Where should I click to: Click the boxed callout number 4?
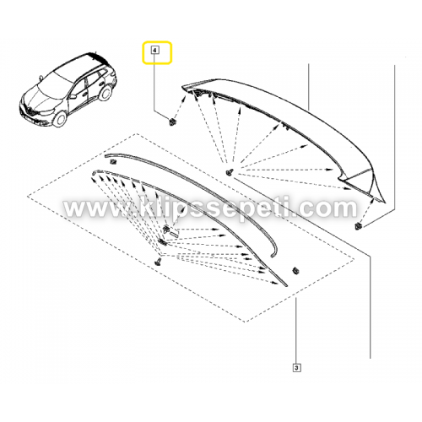(x=154, y=51)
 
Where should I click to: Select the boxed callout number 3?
(x=297, y=367)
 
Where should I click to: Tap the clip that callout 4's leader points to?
(x=171, y=122)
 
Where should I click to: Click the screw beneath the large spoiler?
(x=229, y=172)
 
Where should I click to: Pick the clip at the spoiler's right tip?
(x=358, y=225)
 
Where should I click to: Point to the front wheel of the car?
(x=60, y=119)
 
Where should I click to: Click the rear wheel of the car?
(x=105, y=92)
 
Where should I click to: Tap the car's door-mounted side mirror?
(x=73, y=96)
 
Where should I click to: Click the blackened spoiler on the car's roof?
(x=95, y=57)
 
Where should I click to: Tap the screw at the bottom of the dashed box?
(x=158, y=262)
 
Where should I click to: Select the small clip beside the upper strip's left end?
(x=113, y=162)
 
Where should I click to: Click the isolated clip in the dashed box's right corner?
(x=295, y=270)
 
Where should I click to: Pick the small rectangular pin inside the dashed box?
(x=174, y=233)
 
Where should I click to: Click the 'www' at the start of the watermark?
(x=95, y=208)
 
